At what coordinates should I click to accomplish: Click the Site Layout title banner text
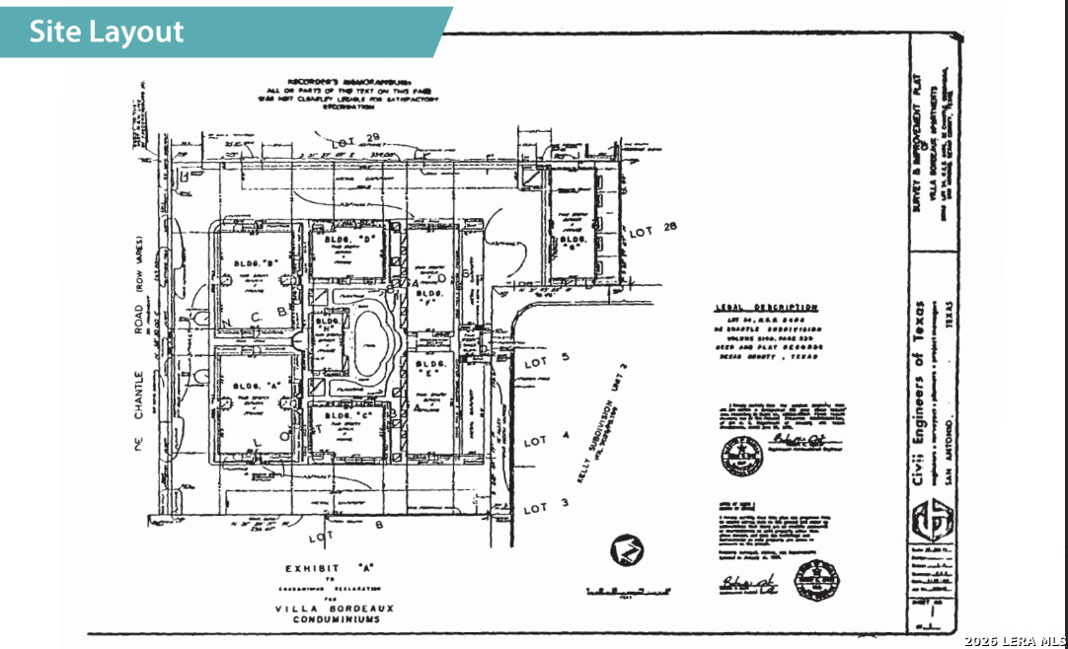[x=107, y=31]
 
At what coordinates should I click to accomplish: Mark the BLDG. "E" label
[x=427, y=376]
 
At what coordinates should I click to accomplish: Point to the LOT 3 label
[x=534, y=508]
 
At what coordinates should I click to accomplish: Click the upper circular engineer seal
[x=740, y=456]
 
